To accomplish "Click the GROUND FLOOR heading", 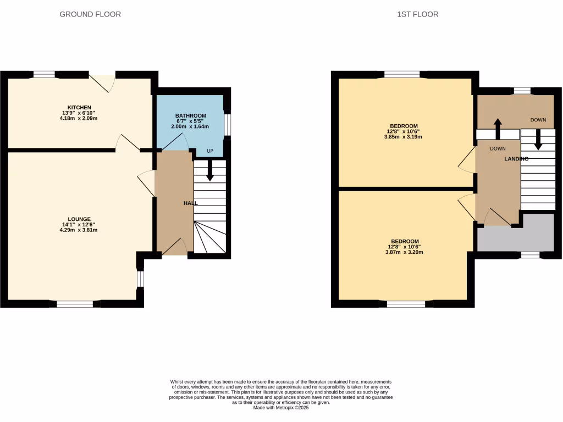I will (90, 14).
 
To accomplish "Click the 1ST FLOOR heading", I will (418, 14).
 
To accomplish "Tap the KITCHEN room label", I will (79, 107).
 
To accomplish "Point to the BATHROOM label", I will (191, 116).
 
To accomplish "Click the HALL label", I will (190, 203).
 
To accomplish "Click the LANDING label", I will (516, 159).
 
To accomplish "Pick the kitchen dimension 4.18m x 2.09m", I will (79, 119).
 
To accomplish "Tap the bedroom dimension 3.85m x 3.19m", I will (405, 137).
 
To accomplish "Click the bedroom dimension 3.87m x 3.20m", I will (405, 253).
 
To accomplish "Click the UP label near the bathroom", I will (210, 151).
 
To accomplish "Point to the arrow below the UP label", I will (209, 170).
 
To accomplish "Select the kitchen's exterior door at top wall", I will (102, 82).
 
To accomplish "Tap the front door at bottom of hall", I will (175, 248).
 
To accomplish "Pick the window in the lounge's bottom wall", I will (75, 303).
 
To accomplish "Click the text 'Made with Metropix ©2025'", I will (281, 408).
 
